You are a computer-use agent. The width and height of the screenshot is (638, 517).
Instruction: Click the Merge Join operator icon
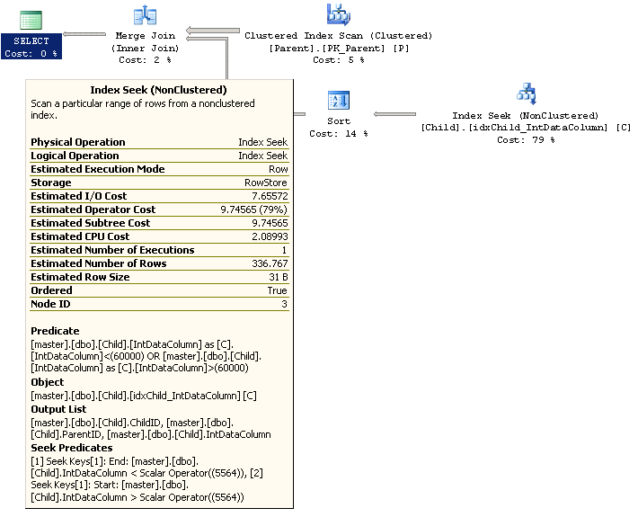tap(144, 15)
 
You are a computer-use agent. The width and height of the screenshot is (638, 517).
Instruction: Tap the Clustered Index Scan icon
tap(339, 14)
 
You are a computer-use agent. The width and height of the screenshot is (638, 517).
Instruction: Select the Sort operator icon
tap(339, 100)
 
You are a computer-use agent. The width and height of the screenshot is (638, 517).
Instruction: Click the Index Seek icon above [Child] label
tap(526, 94)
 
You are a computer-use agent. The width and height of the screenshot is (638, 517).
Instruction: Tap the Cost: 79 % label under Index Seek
tap(526, 140)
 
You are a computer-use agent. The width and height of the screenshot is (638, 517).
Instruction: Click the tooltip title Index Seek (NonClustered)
tap(158, 90)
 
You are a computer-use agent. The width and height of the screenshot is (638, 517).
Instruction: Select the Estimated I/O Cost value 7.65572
tap(269, 196)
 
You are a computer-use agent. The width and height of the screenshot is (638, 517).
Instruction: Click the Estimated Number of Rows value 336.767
tap(270, 263)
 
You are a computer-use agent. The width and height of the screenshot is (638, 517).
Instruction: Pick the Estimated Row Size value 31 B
tap(277, 277)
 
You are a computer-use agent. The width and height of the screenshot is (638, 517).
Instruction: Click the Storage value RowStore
tap(266, 183)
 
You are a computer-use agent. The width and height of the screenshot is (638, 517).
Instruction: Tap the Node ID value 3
tap(284, 304)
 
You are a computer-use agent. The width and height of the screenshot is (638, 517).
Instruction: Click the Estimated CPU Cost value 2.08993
tap(268, 236)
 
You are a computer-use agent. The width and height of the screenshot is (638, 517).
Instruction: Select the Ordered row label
tap(51, 290)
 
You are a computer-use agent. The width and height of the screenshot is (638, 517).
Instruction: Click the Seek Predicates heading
tap(72, 448)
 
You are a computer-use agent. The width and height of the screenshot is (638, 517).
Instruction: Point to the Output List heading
tap(59, 409)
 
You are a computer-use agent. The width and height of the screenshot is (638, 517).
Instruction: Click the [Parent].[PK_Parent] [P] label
tap(339, 48)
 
